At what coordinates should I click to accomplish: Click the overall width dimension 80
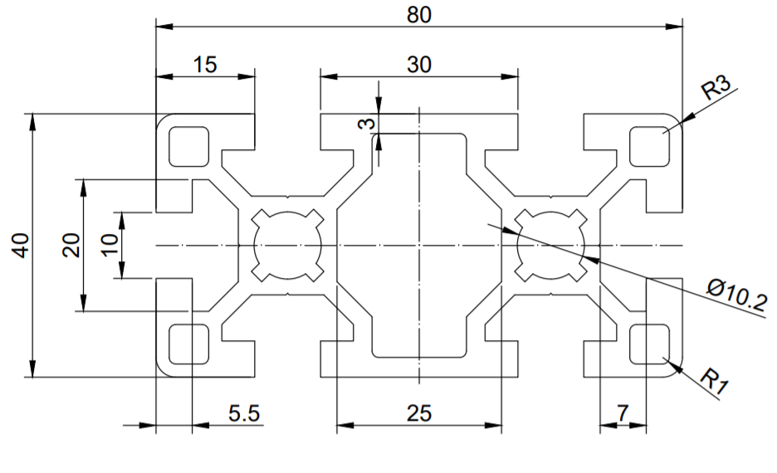point(419,14)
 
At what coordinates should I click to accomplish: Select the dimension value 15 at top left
point(205,65)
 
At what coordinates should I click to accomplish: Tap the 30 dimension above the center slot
point(419,65)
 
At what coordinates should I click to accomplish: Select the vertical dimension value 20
point(71,245)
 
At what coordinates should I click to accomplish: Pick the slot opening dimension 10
point(109,245)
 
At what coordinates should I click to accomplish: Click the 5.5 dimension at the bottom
point(242,413)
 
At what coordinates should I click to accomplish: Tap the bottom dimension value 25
point(419,413)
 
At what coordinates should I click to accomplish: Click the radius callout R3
point(716,87)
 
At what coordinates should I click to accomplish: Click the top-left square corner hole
point(188,146)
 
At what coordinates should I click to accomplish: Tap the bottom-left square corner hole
point(188,344)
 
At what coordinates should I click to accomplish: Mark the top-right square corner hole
point(649,146)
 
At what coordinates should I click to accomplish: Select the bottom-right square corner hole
point(649,344)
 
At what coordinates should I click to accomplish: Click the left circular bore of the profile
point(287,246)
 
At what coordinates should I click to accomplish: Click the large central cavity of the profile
point(419,245)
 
